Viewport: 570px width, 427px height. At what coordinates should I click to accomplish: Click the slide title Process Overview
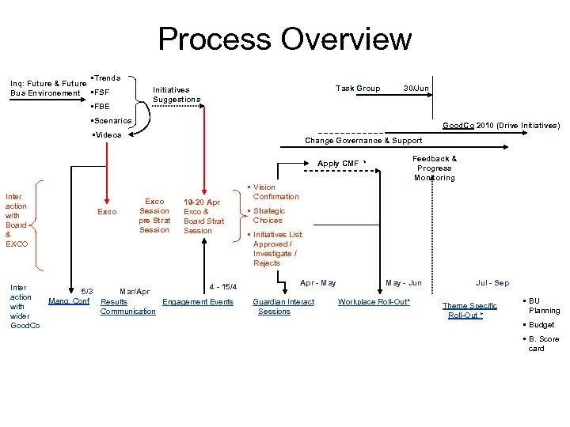[x=285, y=39]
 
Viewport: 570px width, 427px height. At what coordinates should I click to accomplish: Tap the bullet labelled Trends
[x=106, y=78]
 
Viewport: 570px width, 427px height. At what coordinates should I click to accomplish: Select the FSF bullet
[x=101, y=92]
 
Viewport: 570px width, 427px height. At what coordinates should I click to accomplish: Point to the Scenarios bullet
[x=112, y=121]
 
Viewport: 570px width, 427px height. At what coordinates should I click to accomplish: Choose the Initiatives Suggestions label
[x=177, y=95]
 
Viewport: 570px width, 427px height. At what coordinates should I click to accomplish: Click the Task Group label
[x=358, y=89]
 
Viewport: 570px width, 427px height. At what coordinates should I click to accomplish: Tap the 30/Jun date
[x=416, y=89]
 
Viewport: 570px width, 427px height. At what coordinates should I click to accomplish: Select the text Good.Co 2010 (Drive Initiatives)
[x=501, y=126]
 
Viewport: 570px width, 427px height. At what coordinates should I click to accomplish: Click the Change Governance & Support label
[x=363, y=141]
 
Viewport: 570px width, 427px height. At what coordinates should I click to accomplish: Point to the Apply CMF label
[x=339, y=164]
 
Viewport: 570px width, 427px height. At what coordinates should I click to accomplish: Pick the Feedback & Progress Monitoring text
[x=435, y=168]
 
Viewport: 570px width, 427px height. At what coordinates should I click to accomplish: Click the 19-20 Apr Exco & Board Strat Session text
[x=203, y=217]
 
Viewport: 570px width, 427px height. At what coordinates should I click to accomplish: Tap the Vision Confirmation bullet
[x=275, y=192]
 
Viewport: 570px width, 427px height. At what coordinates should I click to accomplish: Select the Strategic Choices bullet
[x=268, y=216]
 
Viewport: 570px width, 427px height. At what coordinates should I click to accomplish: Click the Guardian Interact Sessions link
[x=283, y=307]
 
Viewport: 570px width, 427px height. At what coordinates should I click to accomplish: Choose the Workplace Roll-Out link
[x=374, y=302]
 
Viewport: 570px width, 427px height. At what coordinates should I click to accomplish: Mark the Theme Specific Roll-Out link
[x=469, y=311]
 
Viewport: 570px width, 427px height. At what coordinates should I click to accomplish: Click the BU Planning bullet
[x=544, y=306]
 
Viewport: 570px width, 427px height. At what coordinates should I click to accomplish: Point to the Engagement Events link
[x=198, y=302]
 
